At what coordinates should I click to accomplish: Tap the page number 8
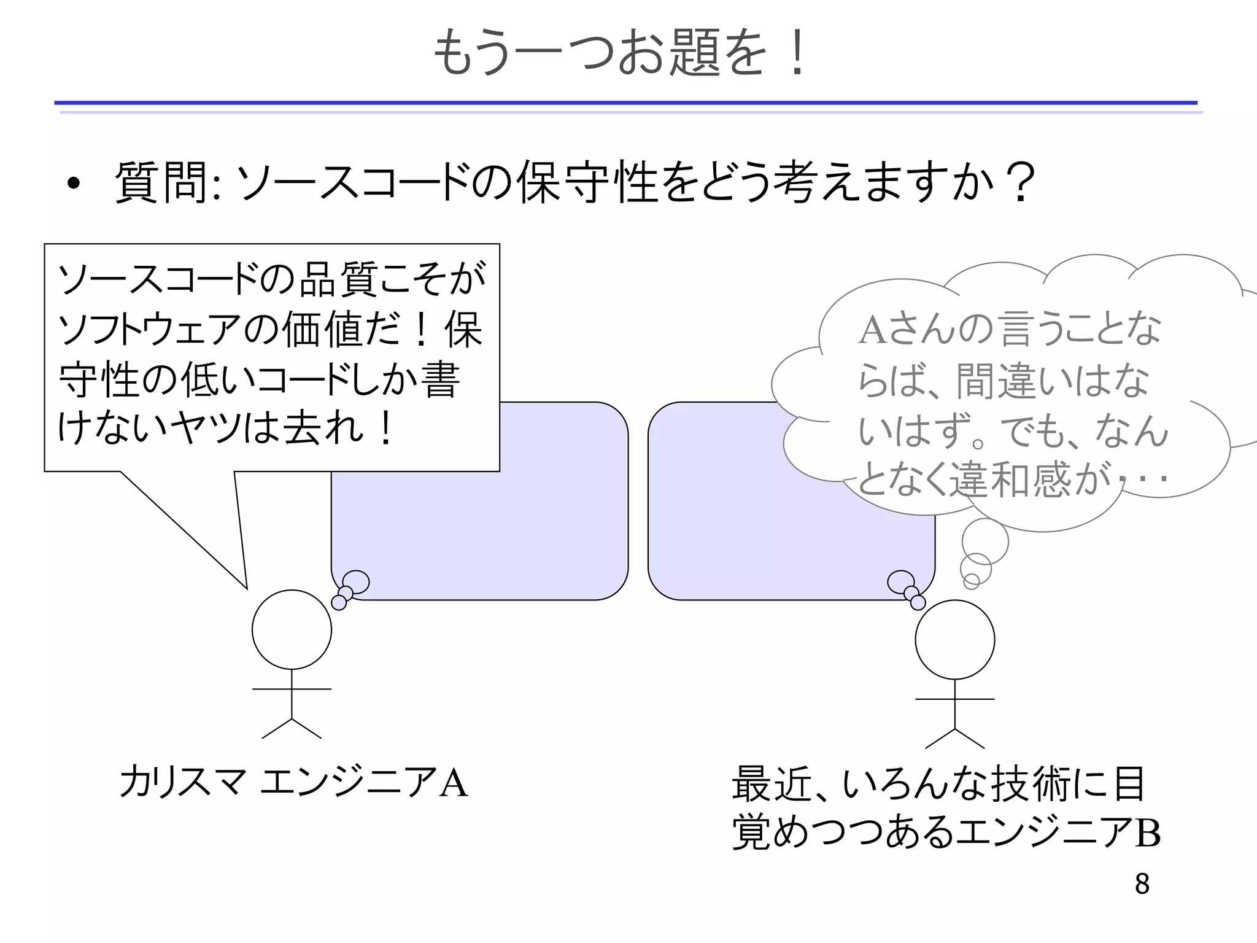[1142, 884]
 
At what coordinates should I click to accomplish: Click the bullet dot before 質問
[74, 184]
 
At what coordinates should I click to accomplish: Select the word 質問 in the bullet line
[161, 182]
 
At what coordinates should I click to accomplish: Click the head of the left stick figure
[292, 629]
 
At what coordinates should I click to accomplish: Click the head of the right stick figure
[954, 639]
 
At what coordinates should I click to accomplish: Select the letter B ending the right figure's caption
[1148, 833]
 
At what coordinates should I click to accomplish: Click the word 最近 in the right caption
[772, 784]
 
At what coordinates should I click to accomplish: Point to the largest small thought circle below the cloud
[984, 541]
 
